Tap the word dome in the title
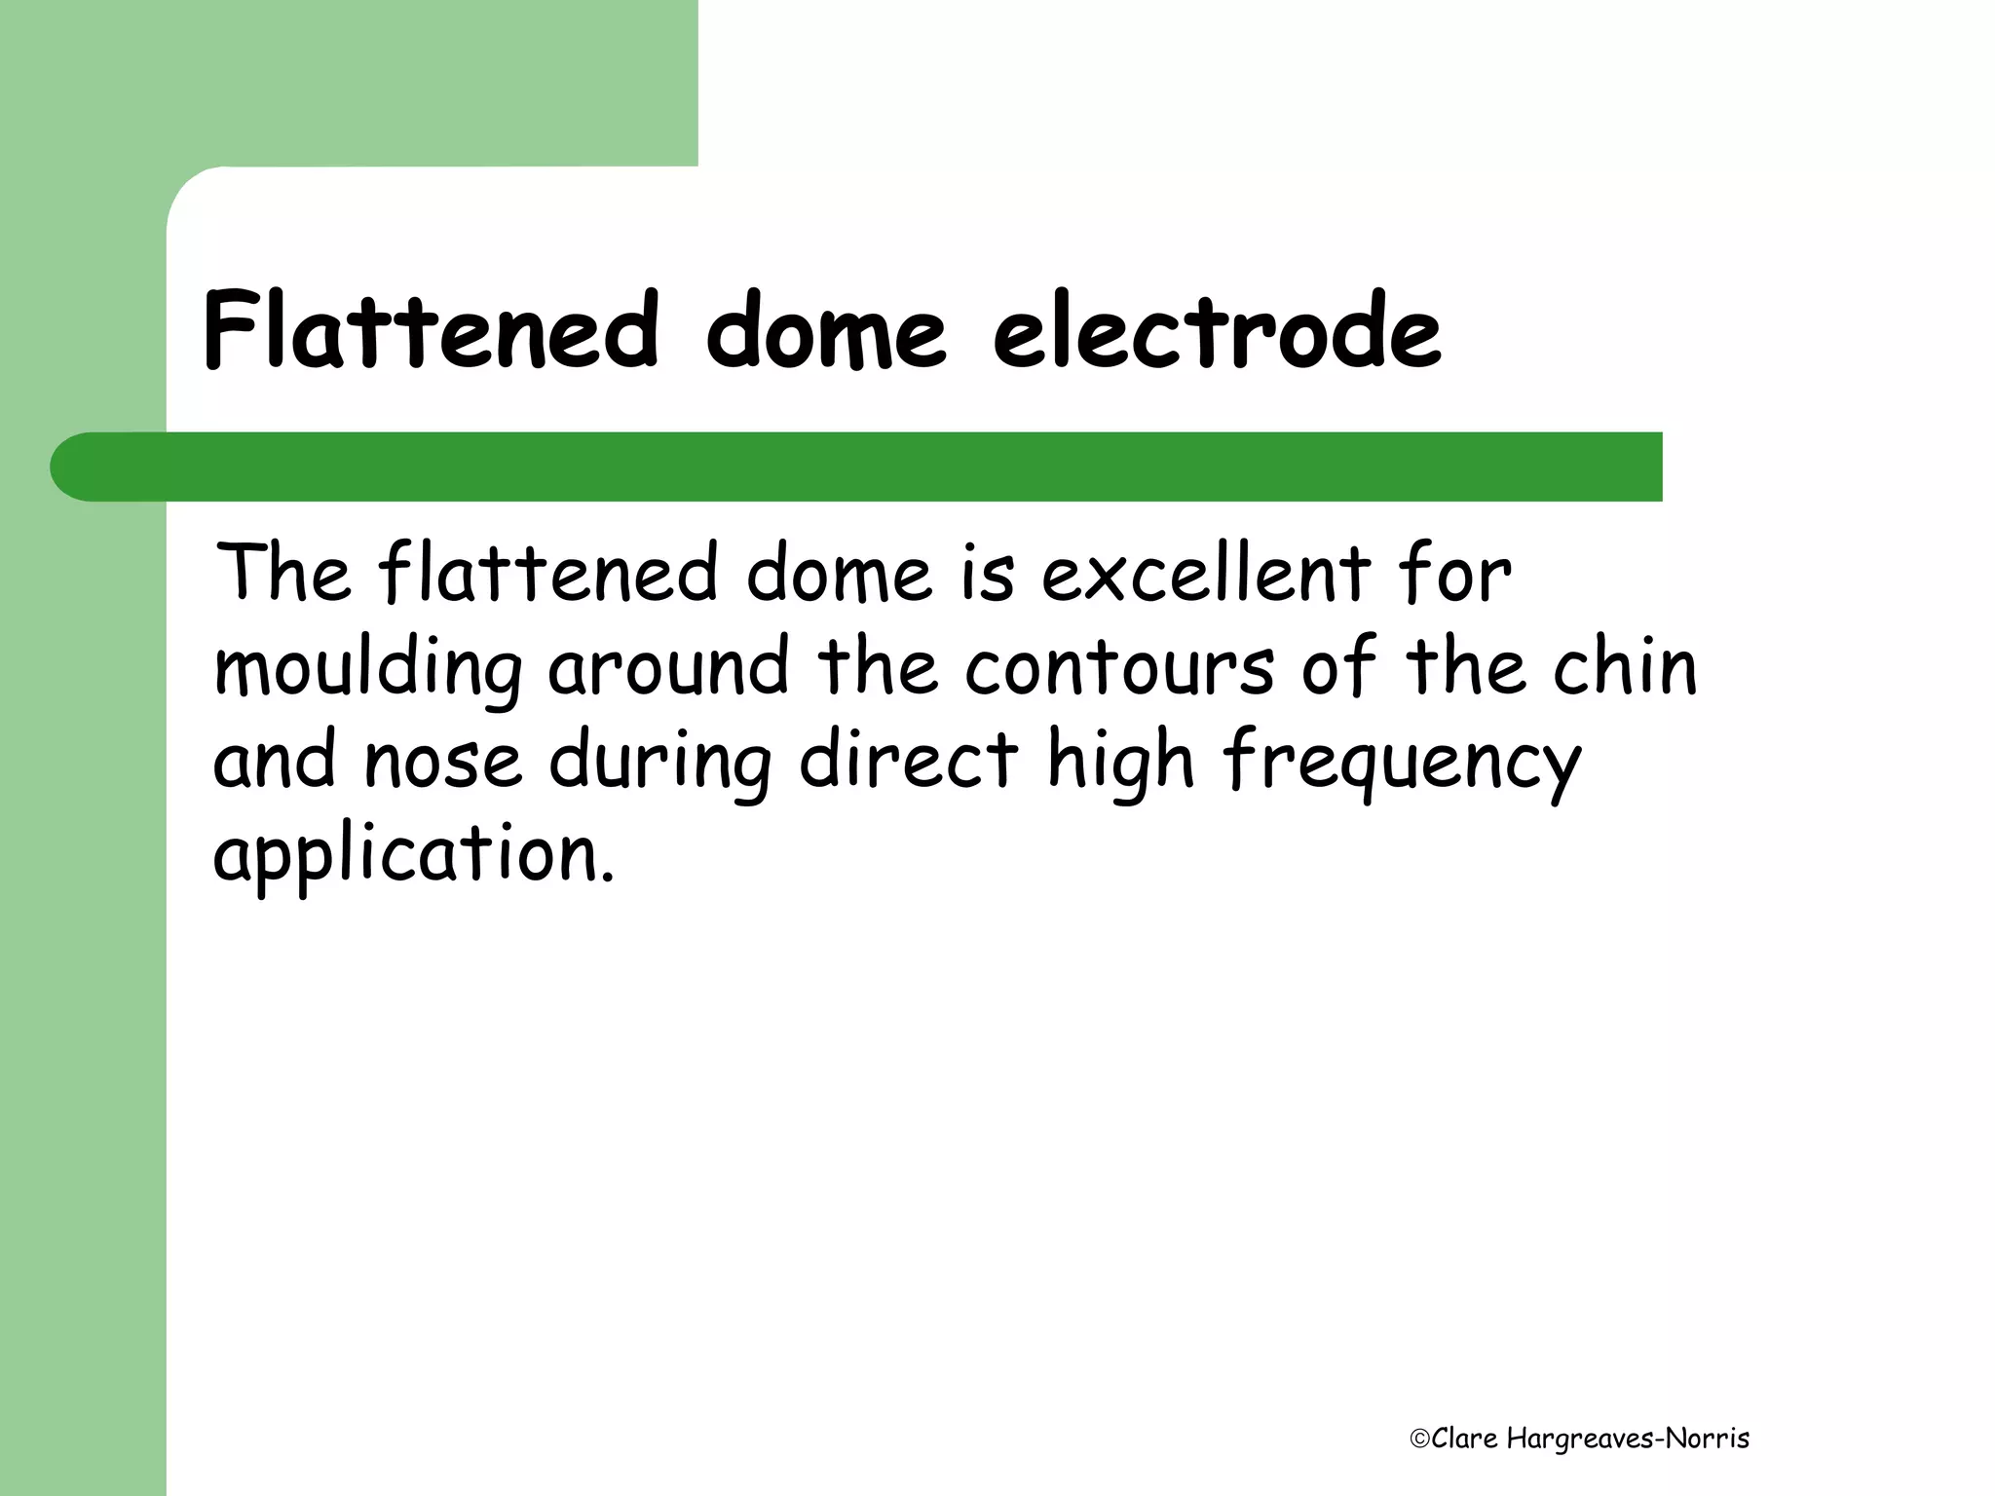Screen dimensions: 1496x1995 click(825, 331)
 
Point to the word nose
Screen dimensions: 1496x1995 click(442, 762)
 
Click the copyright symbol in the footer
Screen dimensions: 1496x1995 click(1419, 1440)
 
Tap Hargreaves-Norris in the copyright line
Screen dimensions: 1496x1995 click(1628, 1440)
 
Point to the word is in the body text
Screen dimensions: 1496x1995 click(987, 575)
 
